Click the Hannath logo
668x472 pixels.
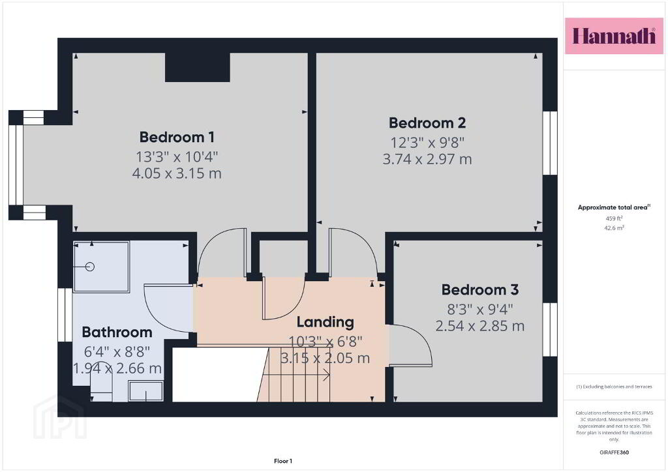614,36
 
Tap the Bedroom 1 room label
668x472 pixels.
177,137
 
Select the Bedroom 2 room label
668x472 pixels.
427,123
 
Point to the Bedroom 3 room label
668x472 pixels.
480,289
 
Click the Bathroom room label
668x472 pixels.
117,332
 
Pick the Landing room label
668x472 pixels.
326,322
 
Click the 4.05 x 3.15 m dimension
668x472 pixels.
177,173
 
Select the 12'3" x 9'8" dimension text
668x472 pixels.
427,142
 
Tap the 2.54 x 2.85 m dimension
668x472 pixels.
480,325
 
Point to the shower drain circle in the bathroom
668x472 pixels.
89,267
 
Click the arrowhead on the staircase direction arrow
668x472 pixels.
327,375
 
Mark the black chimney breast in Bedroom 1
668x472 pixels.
198,67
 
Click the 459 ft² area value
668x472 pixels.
614,218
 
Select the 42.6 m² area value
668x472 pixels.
614,228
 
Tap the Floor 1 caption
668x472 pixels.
283,461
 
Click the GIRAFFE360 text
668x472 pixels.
614,452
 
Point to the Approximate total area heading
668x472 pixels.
614,207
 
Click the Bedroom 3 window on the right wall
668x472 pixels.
550,329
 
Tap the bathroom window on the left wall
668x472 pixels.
65,315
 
